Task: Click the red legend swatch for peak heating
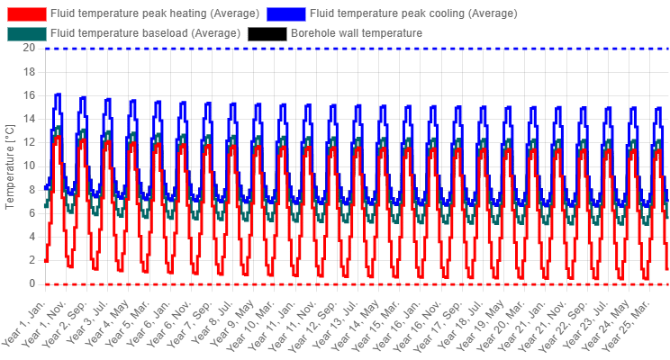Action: [26, 13]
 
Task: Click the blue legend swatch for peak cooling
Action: [286, 13]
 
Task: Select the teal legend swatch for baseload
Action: [26, 33]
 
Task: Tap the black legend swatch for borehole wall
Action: [267, 33]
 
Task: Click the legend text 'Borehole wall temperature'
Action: [357, 33]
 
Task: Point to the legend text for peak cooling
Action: [413, 13]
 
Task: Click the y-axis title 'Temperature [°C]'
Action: [9, 166]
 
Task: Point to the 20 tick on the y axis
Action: [29, 48]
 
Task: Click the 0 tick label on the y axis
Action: [32, 284]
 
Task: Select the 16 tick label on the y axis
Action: [29, 95]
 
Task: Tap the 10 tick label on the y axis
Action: [29, 166]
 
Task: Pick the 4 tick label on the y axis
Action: [32, 237]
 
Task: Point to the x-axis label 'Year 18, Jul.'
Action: [461, 324]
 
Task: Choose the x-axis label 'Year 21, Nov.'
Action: [543, 325]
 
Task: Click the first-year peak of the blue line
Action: [59, 94]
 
